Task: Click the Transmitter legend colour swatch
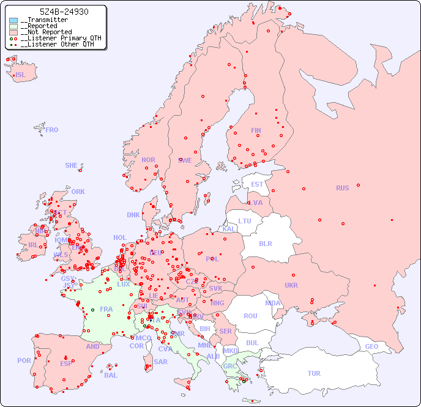13,20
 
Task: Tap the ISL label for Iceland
21,75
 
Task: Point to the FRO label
52,130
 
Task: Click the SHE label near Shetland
72,165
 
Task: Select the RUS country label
342,188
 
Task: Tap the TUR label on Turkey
314,373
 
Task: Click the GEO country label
371,346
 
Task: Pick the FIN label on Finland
256,130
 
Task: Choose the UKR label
291,285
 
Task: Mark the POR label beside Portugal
24,360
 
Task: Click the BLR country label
265,243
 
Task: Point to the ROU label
250,316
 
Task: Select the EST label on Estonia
257,184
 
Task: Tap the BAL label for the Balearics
111,375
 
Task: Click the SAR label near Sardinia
160,362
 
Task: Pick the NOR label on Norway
148,160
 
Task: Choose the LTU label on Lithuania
245,221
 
